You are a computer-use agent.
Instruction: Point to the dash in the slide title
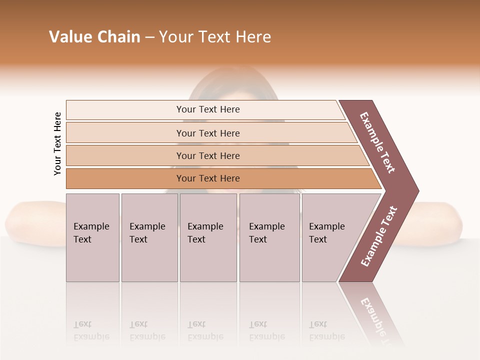[x=149, y=37]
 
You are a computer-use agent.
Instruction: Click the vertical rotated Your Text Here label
[x=57, y=143]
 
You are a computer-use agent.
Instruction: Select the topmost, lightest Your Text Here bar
[x=208, y=109]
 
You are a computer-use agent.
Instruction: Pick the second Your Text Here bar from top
[x=208, y=133]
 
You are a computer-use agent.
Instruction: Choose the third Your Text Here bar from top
[x=208, y=155]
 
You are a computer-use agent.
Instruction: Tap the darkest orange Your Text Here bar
[x=208, y=178]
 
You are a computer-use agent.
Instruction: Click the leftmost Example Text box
[x=92, y=237]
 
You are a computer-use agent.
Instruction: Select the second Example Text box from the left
[x=149, y=237]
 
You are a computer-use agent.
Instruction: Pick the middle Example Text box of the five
[x=208, y=237]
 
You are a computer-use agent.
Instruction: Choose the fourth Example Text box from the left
[x=269, y=237]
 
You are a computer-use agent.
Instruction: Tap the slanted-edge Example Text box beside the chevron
[x=330, y=237]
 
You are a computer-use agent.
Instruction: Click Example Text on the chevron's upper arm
[x=377, y=142]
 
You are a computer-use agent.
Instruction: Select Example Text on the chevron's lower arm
[x=379, y=236]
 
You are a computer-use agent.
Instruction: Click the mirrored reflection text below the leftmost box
[x=91, y=330]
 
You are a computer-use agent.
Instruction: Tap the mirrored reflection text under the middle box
[x=205, y=330]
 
